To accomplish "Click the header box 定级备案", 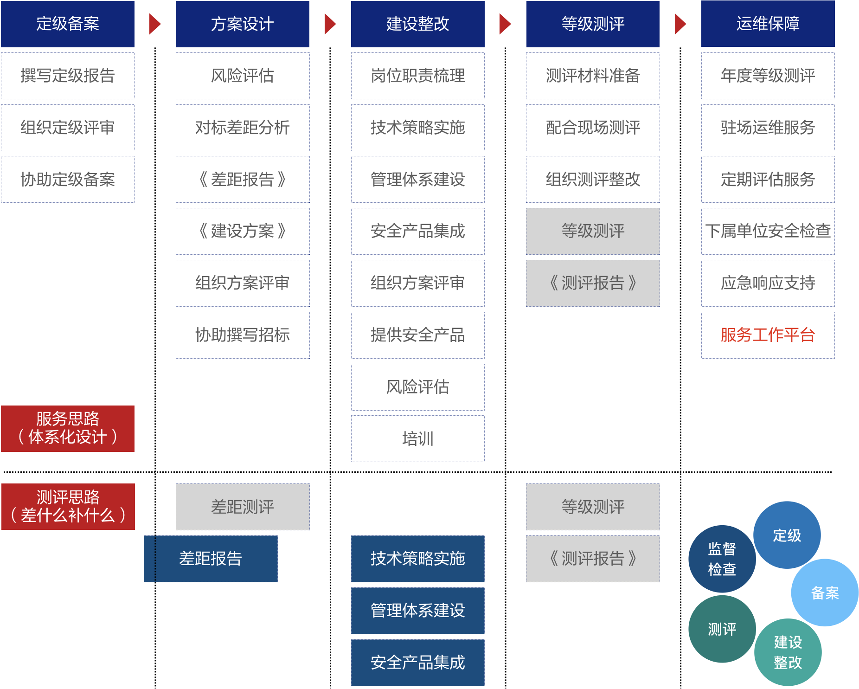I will pyautogui.click(x=68, y=24).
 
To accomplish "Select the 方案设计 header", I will pyautogui.click(x=243, y=24).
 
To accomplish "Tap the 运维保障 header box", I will pyautogui.click(x=768, y=24).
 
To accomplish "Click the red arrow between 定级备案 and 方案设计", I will pyautogui.click(x=155, y=24).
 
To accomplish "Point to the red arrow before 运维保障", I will pyautogui.click(x=680, y=24).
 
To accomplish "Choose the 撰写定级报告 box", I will pyautogui.click(x=68, y=76).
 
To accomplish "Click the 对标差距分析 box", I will pyautogui.click(x=243, y=128).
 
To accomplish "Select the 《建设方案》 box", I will pyautogui.click(x=243, y=231).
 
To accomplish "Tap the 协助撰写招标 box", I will pyautogui.click(x=243, y=335).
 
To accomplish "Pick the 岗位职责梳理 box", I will pyautogui.click(x=417, y=76).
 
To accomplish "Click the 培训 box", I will pyautogui.click(x=417, y=438).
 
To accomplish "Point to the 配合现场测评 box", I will pyautogui.click(x=593, y=128).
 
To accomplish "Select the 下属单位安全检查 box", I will pyautogui.click(x=768, y=231).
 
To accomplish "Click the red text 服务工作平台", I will pyautogui.click(x=768, y=335).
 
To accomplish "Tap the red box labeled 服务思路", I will pyautogui.click(x=68, y=428).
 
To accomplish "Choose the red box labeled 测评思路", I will pyautogui.click(x=68, y=506).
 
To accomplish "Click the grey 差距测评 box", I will pyautogui.click(x=243, y=507).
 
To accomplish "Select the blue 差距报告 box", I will pyautogui.click(x=211, y=559).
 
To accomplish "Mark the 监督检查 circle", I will pyautogui.click(x=722, y=559).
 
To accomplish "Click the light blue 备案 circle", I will pyautogui.click(x=825, y=593).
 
